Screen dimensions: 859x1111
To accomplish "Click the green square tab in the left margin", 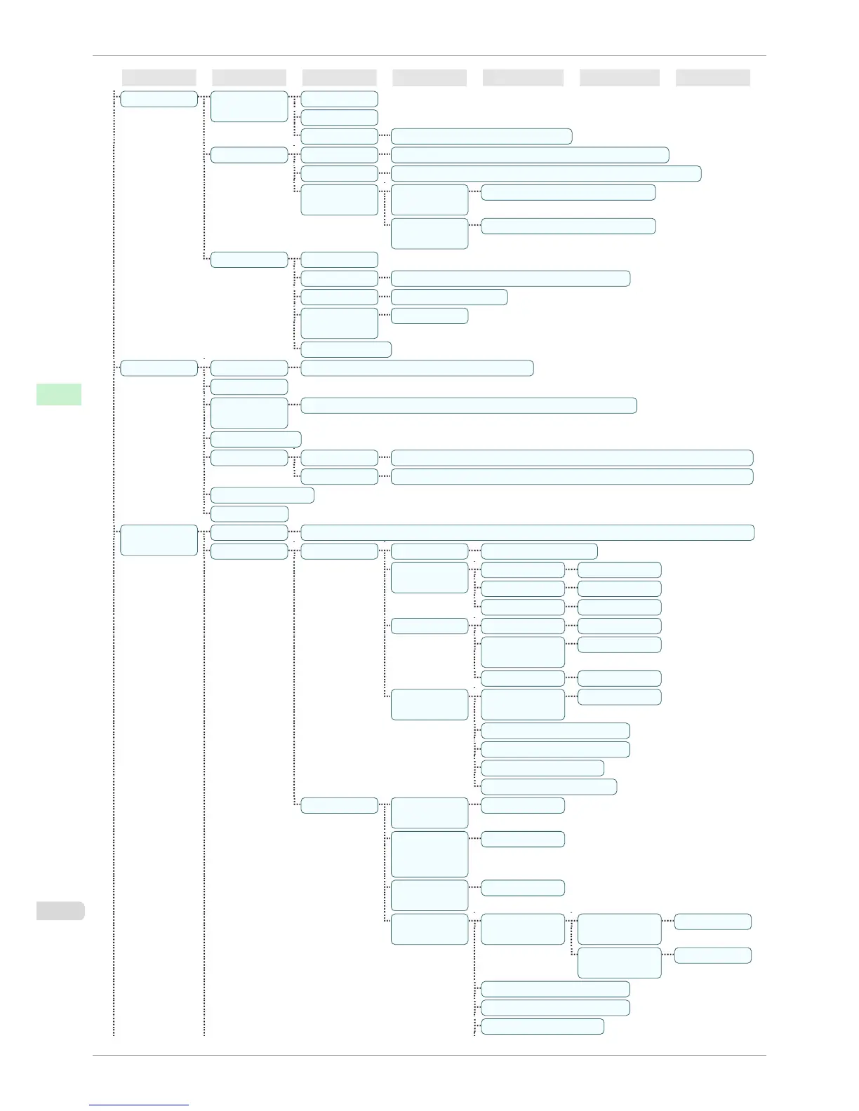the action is (x=59, y=394).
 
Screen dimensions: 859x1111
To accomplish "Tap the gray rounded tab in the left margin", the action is (x=60, y=911).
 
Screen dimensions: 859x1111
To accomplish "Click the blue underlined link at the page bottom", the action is (x=139, y=1105).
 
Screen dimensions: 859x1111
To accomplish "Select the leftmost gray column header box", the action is (x=159, y=78).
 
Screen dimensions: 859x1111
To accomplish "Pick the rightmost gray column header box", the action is (x=712, y=78).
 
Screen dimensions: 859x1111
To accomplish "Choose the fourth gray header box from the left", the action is (x=429, y=78).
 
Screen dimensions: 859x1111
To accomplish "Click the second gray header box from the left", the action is (x=249, y=78).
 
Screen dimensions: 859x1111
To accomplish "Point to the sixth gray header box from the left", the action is (x=619, y=78).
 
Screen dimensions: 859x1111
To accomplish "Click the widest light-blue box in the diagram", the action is (x=527, y=532).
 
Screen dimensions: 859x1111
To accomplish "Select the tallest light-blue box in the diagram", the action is (x=429, y=854).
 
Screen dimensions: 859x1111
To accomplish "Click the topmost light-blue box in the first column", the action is (x=159, y=99).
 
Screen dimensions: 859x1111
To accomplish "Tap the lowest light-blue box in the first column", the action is (x=159, y=540).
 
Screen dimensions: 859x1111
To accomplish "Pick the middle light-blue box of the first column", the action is (x=159, y=368).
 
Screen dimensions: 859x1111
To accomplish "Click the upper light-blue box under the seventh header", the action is (x=712, y=922).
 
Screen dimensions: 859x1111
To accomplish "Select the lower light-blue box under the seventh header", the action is (x=712, y=955).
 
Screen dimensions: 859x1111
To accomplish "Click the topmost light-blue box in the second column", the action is (x=249, y=106).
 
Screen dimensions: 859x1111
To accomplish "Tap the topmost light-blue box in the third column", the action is (x=339, y=99).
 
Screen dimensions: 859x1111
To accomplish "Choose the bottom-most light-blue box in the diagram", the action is (x=542, y=1026).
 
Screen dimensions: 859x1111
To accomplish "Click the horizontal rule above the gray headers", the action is (x=429, y=55).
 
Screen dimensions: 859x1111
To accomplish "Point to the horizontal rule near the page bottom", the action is (x=429, y=1055).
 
